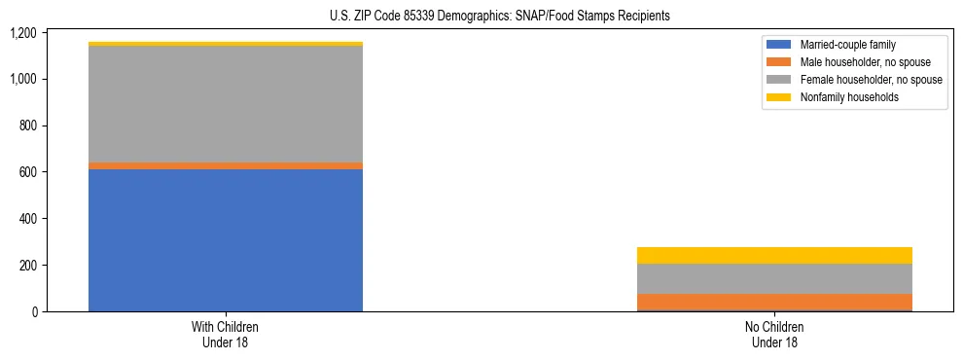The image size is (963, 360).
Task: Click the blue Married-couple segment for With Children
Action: click(225, 239)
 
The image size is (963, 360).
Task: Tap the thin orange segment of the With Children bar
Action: click(225, 166)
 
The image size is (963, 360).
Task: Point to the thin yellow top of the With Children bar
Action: click(225, 44)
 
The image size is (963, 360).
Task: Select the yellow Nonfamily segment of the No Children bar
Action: click(774, 256)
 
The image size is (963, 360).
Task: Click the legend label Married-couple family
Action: click(848, 45)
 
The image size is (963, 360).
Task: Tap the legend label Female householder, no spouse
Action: click(871, 80)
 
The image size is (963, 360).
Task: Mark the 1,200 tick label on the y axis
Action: click(23, 33)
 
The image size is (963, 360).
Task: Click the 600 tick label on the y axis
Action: click(27, 172)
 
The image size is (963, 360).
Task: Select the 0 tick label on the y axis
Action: click(34, 311)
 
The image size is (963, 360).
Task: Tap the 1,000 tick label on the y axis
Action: click(23, 79)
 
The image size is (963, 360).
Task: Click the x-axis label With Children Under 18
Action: click(225, 334)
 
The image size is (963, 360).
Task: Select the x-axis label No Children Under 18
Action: click(774, 334)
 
